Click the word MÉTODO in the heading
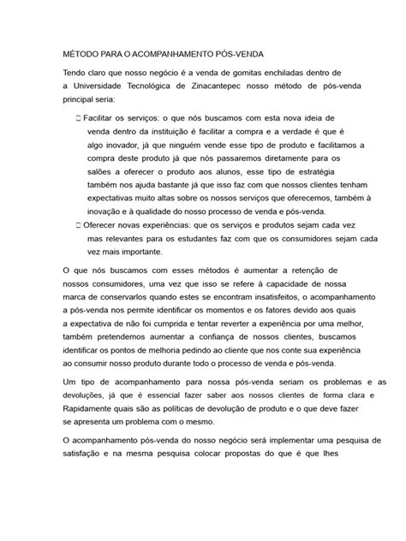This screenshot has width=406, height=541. pyautogui.click(x=83, y=51)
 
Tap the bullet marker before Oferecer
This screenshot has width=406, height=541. pyautogui.click(x=78, y=223)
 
